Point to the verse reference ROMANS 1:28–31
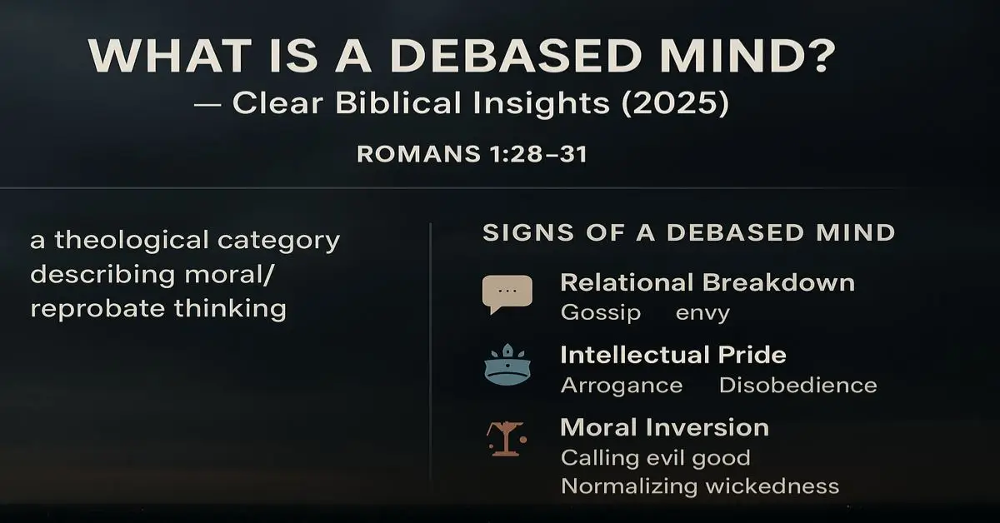(x=472, y=154)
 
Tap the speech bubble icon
(x=507, y=294)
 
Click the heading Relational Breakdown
(x=707, y=282)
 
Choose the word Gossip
(x=601, y=312)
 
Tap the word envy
(x=702, y=312)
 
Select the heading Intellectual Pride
(x=673, y=355)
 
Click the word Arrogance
(x=622, y=386)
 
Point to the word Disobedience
(x=797, y=386)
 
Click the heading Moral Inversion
(x=665, y=427)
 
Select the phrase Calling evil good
(x=656, y=457)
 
